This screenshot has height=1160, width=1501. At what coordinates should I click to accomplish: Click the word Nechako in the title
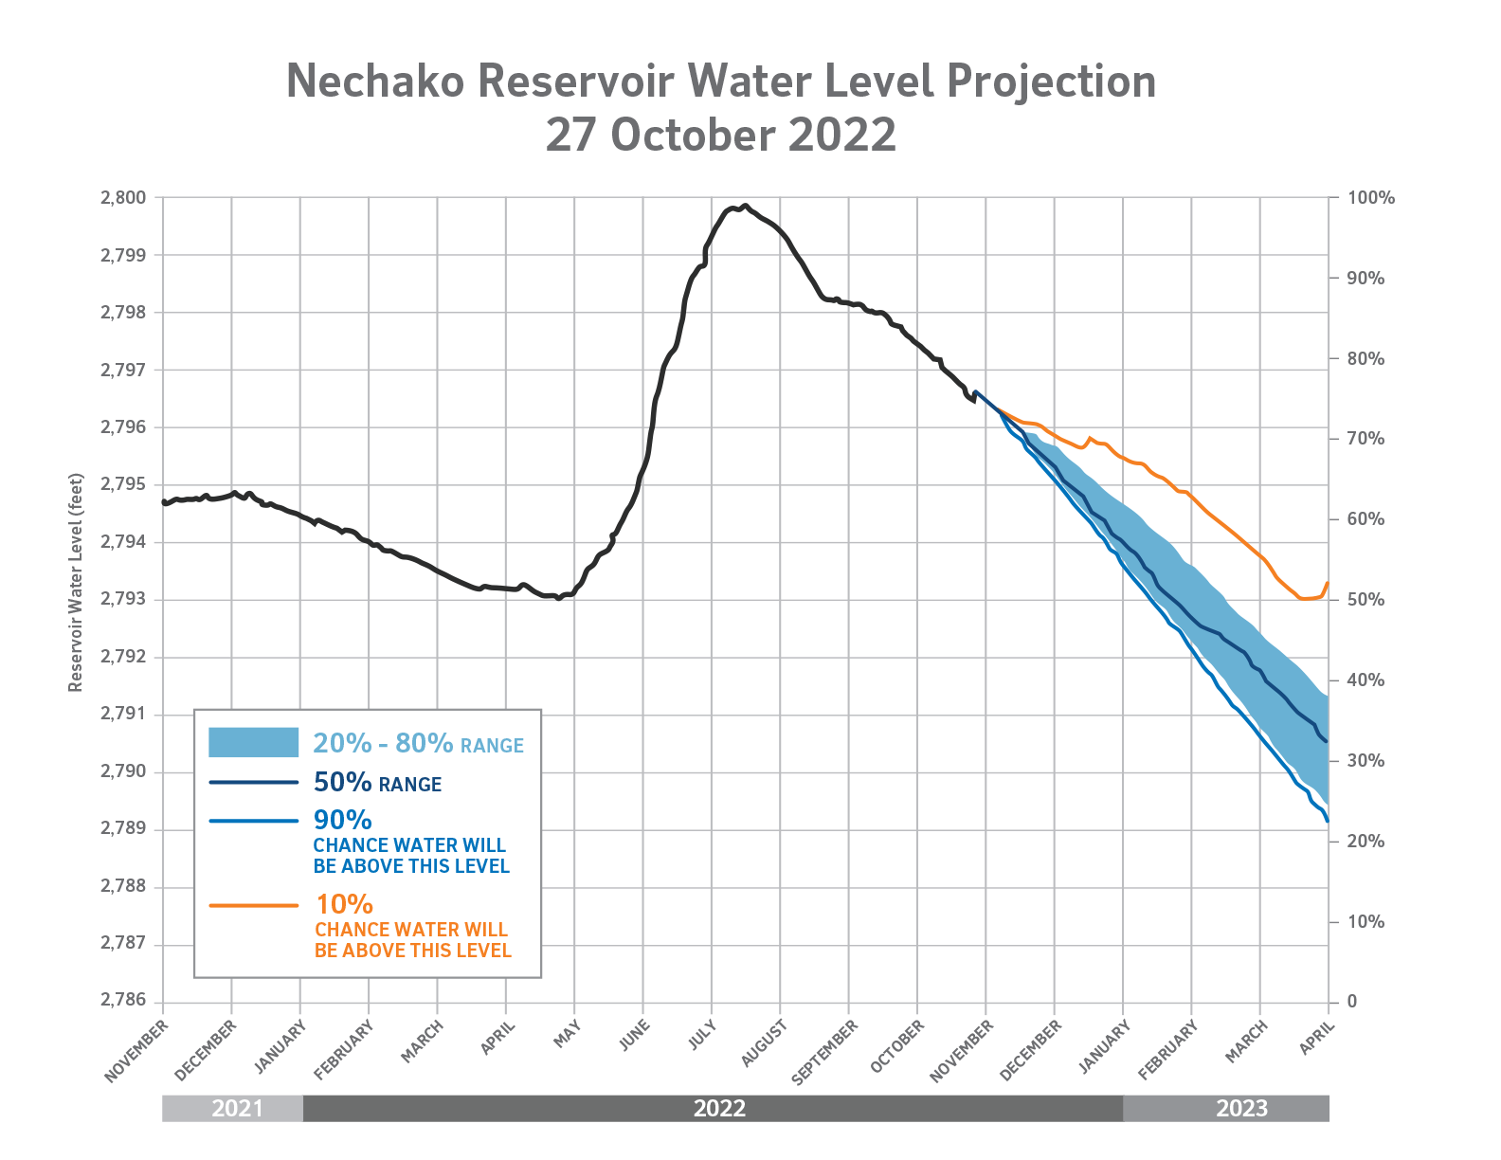pyautogui.click(x=375, y=82)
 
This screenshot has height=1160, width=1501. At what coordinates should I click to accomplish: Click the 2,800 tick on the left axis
pyautogui.click(x=123, y=198)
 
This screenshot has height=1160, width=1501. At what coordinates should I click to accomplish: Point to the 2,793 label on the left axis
pyautogui.click(x=123, y=600)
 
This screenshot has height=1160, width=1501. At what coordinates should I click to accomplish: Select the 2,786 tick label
pyautogui.click(x=123, y=1002)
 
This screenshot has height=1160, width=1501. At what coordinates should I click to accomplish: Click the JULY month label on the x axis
pyautogui.click(x=701, y=1035)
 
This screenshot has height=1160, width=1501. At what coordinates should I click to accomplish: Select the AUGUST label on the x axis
pyautogui.click(x=764, y=1042)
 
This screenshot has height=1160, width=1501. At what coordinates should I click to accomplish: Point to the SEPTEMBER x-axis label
pyautogui.click(x=824, y=1052)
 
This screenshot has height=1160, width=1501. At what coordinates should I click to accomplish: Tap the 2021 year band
pyautogui.click(x=237, y=1109)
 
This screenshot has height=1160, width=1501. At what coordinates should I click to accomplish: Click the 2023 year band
pyautogui.click(x=1241, y=1109)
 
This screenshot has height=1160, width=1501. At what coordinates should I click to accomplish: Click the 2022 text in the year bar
pyautogui.click(x=719, y=1109)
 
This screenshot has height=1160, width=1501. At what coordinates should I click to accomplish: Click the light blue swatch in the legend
pyautogui.click(x=253, y=743)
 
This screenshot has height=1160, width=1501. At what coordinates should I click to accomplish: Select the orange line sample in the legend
pyautogui.click(x=253, y=906)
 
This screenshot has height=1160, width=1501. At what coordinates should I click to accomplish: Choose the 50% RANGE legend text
pyautogui.click(x=377, y=783)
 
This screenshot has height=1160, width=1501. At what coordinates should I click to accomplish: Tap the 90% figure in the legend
pyautogui.click(x=343, y=820)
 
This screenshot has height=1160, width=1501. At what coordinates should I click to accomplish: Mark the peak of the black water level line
pyautogui.click(x=745, y=206)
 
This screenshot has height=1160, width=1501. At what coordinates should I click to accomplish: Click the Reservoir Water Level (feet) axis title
pyautogui.click(x=77, y=583)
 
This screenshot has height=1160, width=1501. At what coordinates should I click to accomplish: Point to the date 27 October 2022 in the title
pyautogui.click(x=720, y=136)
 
